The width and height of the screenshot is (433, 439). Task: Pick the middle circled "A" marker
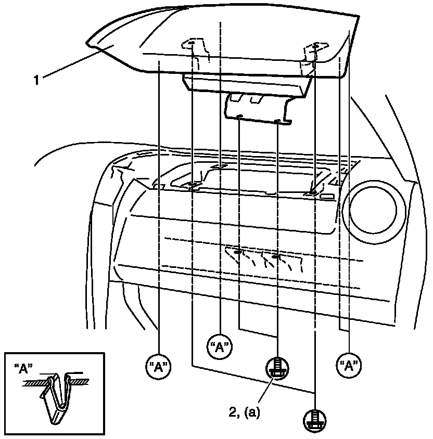click(x=220, y=347)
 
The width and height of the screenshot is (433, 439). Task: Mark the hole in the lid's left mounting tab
click(x=191, y=43)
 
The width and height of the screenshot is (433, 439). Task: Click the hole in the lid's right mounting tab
click(x=315, y=47)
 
